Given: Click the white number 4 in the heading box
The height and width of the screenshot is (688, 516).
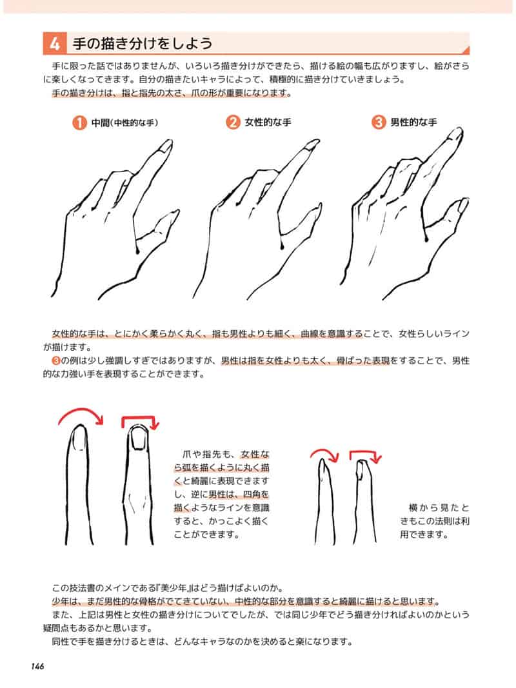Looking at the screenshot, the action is pos(54,44).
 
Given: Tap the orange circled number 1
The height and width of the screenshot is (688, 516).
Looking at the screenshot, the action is pos(79,123).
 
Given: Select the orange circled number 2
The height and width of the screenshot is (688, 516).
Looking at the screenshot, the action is pos(233,122).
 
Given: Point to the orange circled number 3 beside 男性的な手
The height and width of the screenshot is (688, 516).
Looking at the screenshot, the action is pos(378,122).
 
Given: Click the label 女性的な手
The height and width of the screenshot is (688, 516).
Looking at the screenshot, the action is pos(268,123).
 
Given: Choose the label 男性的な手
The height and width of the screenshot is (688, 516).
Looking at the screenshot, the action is pos(413,123).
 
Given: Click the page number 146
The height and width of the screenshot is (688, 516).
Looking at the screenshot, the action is pos(38,666).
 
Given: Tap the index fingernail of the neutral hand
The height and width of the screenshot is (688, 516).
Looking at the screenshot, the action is pos(166,146).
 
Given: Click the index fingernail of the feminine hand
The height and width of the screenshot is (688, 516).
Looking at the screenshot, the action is pos(313,146).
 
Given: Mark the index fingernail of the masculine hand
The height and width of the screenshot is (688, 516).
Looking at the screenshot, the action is pos(457,134).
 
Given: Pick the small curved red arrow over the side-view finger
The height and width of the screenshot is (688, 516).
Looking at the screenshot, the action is pos(324,452).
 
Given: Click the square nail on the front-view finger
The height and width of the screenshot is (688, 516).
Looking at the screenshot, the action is pos(138,439).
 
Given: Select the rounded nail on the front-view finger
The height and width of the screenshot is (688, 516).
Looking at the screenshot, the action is pos(79,438).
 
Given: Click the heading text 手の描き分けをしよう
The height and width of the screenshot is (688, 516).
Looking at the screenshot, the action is pos(143,44).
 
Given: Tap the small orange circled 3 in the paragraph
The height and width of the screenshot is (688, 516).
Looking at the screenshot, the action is pos(55,361).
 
